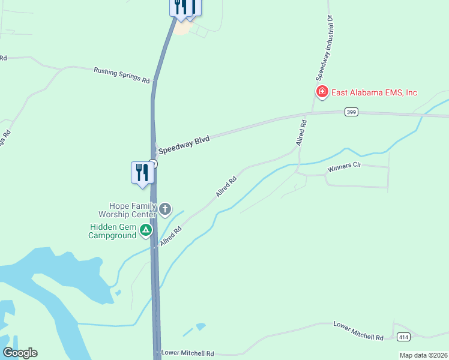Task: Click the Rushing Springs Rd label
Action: [121, 75]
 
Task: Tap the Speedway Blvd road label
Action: [184, 144]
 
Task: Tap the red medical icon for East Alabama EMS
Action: [322, 92]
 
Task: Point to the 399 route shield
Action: [351, 112]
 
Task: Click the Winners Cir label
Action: [344, 167]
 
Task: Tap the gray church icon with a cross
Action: [164, 209]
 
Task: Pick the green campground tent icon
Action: [145, 230]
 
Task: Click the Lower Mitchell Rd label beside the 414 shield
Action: [358, 331]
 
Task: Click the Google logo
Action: [20, 353]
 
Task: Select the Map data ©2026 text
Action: [423, 355]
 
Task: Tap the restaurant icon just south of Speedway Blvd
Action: [142, 172]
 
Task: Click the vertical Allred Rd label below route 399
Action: [301, 133]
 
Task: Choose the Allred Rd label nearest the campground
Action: [170, 235]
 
